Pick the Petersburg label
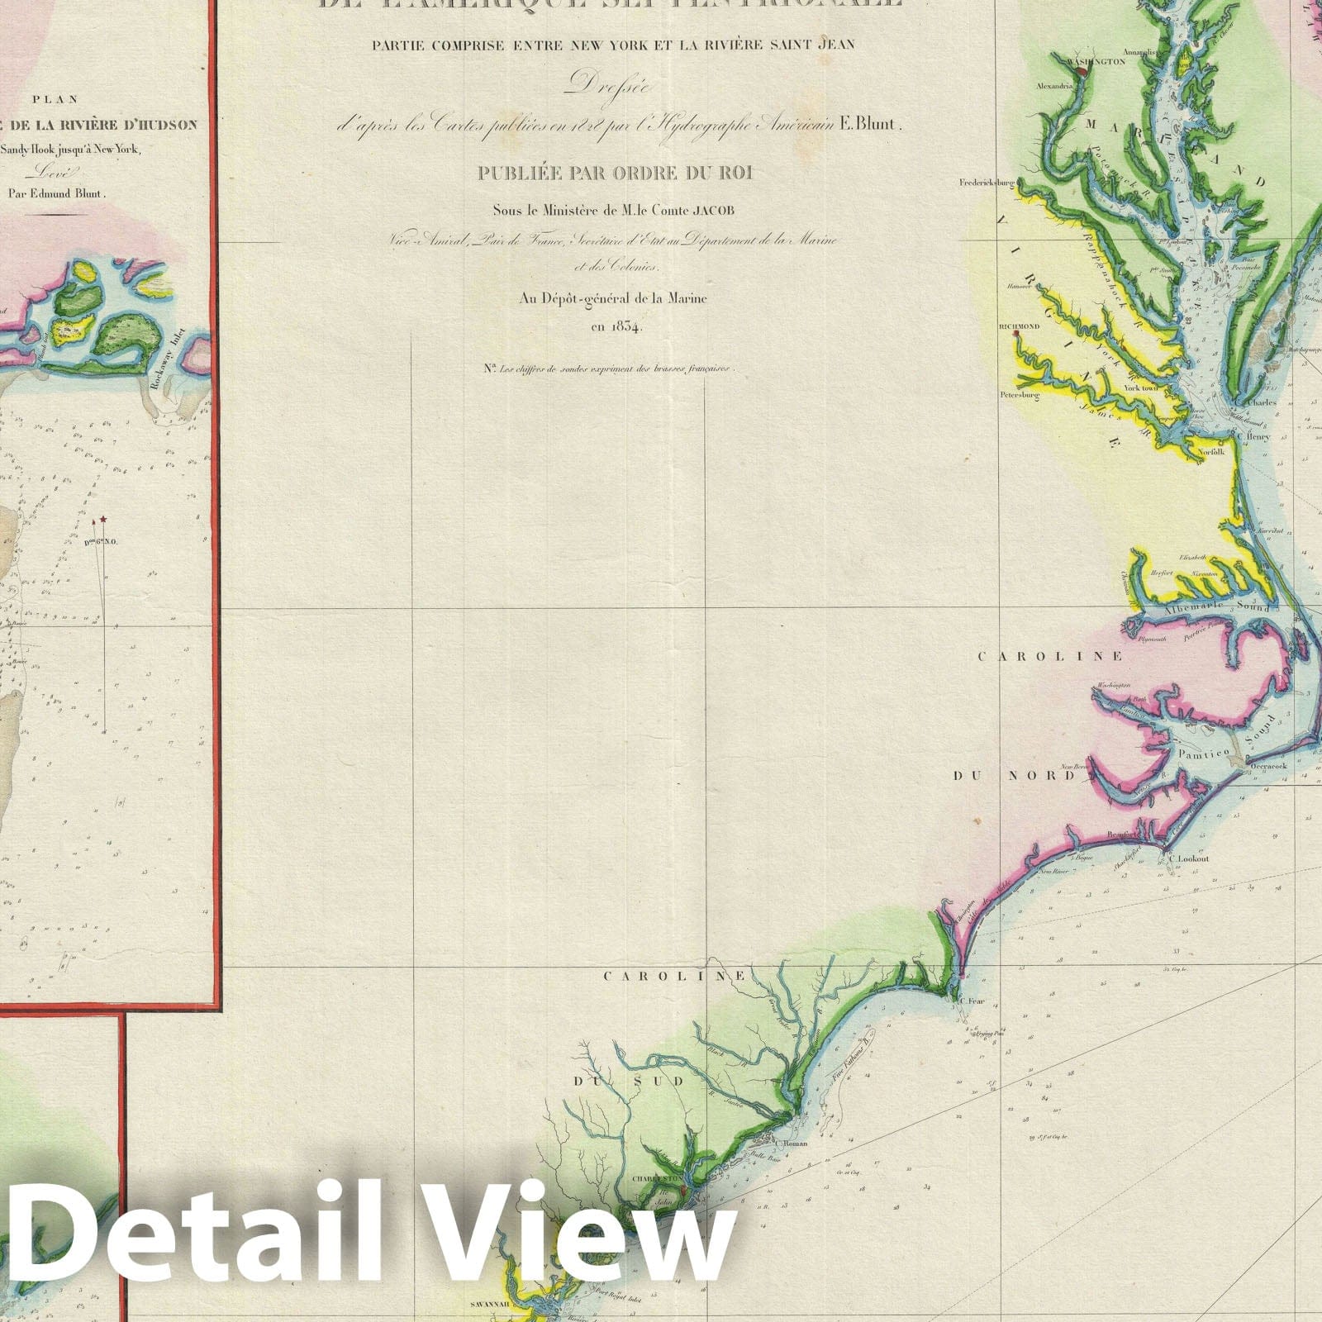(x=1018, y=395)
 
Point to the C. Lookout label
(x=1190, y=858)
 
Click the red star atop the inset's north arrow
(x=104, y=519)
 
